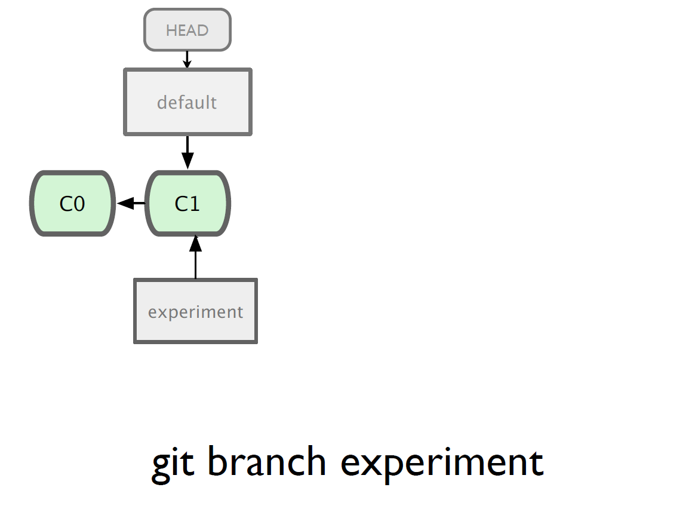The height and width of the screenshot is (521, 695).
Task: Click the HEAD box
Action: (187, 30)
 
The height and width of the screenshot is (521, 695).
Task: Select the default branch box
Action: (188, 102)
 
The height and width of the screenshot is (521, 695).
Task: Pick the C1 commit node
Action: (188, 204)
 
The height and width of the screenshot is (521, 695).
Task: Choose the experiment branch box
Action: (195, 311)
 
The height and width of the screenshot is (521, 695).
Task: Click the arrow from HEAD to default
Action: (187, 60)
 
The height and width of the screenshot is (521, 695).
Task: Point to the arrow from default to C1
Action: (187, 152)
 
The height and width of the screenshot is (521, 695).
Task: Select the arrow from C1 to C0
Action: (131, 204)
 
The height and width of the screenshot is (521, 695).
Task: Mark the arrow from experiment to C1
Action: (195, 257)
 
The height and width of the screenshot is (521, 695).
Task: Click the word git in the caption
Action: (173, 464)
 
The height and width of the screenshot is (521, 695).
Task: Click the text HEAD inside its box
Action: (187, 30)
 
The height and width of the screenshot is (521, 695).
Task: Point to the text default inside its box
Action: (187, 102)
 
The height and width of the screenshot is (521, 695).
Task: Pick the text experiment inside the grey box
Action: (195, 312)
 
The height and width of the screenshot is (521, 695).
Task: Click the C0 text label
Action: (72, 204)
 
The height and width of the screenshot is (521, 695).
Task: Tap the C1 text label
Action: (187, 204)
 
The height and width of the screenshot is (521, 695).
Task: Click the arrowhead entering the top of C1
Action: (187, 161)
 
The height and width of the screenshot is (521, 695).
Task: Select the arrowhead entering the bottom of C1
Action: (195, 244)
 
